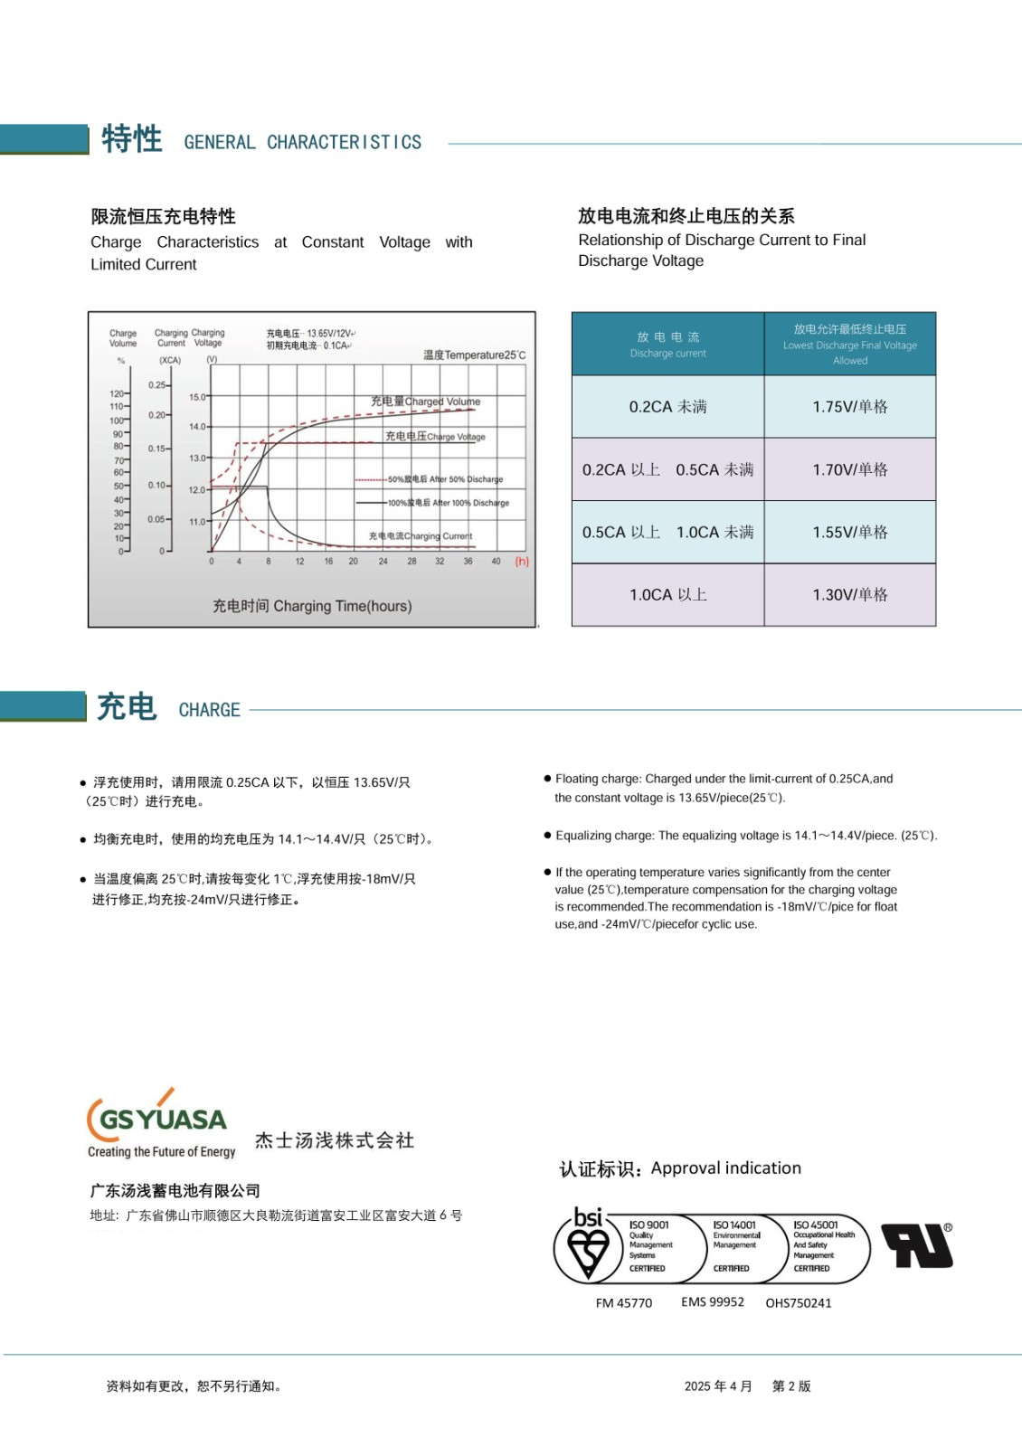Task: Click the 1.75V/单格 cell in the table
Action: tap(850, 407)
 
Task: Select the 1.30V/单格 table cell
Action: tap(850, 595)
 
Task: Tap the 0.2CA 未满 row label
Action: tap(668, 407)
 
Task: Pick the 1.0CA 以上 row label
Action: tap(668, 595)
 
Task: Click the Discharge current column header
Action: tap(668, 345)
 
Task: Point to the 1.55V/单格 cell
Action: tap(850, 533)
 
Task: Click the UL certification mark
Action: tap(917, 1246)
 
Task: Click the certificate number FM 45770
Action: tap(624, 1303)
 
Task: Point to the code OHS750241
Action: tap(799, 1303)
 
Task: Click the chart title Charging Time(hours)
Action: tap(312, 606)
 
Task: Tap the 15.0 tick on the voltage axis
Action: tap(197, 397)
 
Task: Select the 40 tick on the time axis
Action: tap(496, 562)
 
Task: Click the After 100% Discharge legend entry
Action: tap(449, 503)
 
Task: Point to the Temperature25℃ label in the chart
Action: tap(475, 355)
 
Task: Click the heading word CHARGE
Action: tap(210, 711)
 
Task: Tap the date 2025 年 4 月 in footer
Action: tap(718, 1386)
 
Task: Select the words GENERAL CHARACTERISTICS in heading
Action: tap(303, 143)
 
